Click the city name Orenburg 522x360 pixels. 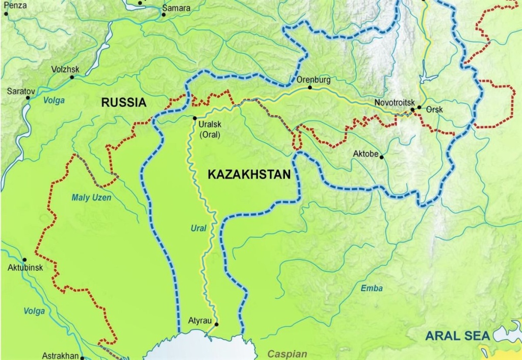tap(314, 80)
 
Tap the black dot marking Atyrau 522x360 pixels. tap(216, 324)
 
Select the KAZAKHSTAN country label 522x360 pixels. tap(249, 174)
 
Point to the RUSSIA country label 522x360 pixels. tap(124, 102)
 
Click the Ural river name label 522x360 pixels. tap(198, 228)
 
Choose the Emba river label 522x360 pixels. tap(372, 289)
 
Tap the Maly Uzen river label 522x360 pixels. tap(91, 198)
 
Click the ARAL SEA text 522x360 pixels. tap(457, 336)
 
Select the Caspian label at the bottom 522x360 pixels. tap(288, 354)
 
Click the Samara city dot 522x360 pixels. tap(164, 14)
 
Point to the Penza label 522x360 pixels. tap(15, 5)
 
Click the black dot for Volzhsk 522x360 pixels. tap(72, 78)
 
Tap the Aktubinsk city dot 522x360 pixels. tap(24, 260)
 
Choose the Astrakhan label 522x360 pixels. tap(60, 355)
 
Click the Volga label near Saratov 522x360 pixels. tap(54, 100)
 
